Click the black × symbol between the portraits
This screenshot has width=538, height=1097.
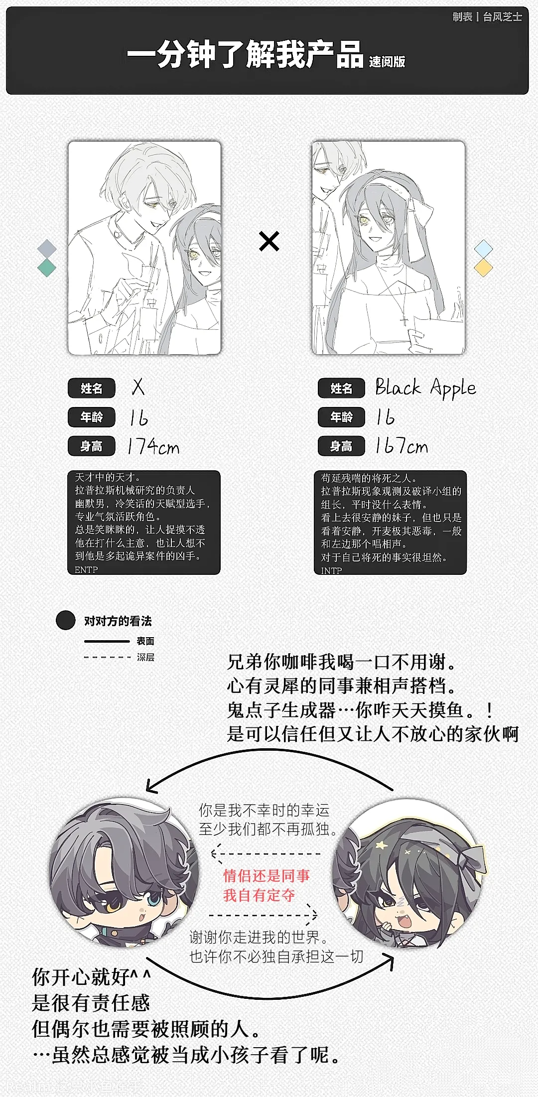coord(269,242)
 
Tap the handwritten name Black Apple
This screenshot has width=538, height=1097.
coord(425,388)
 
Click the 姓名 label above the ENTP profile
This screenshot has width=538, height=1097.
coord(92,388)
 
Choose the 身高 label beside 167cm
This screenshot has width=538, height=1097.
coord(341,446)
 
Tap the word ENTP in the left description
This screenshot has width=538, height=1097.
coord(86,569)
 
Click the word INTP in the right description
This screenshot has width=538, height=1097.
coord(331,570)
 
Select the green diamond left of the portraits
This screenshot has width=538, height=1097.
coord(47,268)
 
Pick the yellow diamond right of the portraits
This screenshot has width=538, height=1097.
coord(483,268)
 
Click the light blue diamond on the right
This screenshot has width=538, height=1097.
coord(483,248)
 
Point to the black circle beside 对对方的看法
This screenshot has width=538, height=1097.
coord(65,620)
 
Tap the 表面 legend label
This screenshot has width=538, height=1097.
coord(145,641)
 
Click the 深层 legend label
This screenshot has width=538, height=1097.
coord(145,657)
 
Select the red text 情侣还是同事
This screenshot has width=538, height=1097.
coord(267,875)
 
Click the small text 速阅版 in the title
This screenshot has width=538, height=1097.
coord(387,62)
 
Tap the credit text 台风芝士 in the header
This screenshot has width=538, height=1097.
coord(502,17)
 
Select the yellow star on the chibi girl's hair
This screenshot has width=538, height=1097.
coord(382,845)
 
